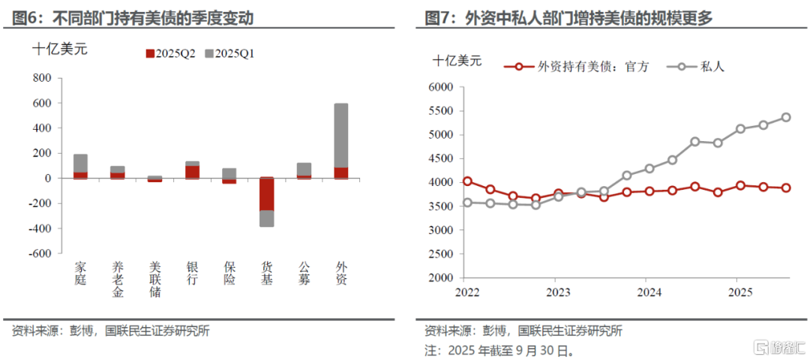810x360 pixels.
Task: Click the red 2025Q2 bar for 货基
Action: click(x=267, y=194)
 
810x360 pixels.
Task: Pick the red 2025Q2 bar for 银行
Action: click(x=193, y=172)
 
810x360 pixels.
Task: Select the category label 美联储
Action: click(x=155, y=279)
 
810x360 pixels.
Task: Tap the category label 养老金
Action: click(x=118, y=279)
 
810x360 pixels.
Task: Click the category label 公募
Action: click(x=304, y=273)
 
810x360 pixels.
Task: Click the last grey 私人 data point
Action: click(x=786, y=117)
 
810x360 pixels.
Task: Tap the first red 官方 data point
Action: click(x=467, y=181)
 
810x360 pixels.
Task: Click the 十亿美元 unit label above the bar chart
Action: click(x=59, y=49)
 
